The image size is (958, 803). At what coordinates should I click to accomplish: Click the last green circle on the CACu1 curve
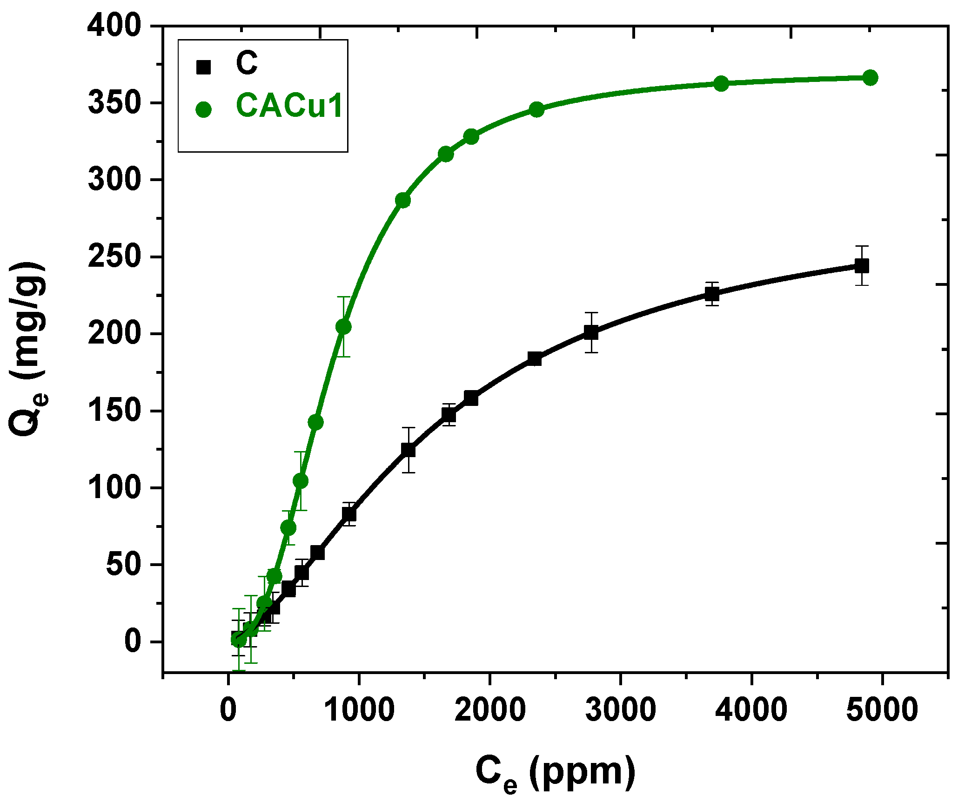coord(870,78)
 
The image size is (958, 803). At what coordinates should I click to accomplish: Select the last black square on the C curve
coord(862,266)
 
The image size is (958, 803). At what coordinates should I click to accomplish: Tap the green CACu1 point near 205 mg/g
coord(343,327)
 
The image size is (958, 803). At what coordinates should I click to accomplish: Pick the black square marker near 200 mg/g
coord(591,332)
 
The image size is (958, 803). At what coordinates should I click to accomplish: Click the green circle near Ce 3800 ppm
coord(721,84)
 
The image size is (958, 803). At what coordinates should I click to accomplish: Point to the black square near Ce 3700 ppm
coord(712,294)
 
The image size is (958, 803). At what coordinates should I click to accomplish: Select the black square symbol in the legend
coord(204,67)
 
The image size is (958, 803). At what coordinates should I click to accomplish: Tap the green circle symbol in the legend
coord(204,109)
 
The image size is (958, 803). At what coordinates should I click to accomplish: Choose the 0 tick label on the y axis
coord(132,641)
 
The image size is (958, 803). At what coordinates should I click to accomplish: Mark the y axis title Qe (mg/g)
coord(28,349)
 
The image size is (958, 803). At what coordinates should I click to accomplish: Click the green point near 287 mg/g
coord(403,200)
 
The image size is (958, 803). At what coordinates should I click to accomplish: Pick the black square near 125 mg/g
coord(408,450)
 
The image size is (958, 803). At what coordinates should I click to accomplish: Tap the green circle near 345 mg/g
coord(536,110)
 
